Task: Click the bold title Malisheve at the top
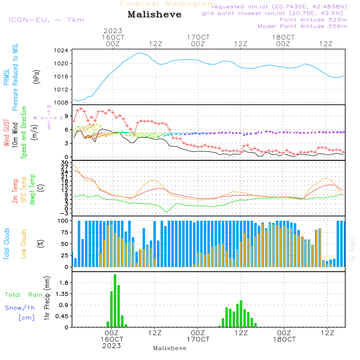(x=154, y=15)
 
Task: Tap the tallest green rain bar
(x=115, y=301)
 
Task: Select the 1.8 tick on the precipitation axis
(x=64, y=283)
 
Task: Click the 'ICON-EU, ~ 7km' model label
(x=46, y=20)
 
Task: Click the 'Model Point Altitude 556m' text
(x=302, y=26)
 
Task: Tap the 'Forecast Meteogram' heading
(x=168, y=4)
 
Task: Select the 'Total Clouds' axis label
(x=6, y=244)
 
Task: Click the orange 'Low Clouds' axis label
(x=24, y=244)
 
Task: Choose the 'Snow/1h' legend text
(x=20, y=308)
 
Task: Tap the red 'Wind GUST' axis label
(x=6, y=133)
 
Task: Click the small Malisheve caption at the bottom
(x=170, y=348)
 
